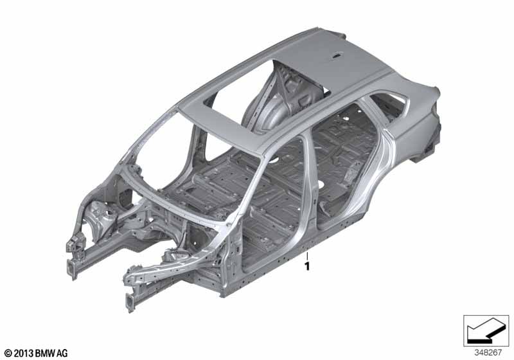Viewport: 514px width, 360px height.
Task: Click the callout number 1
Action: [307, 267]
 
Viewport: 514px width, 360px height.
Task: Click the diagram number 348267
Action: [488, 353]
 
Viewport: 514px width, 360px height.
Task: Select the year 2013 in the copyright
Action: [23, 353]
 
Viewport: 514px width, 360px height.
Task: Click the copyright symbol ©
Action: [8, 353]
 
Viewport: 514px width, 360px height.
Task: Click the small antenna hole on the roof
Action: [337, 57]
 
